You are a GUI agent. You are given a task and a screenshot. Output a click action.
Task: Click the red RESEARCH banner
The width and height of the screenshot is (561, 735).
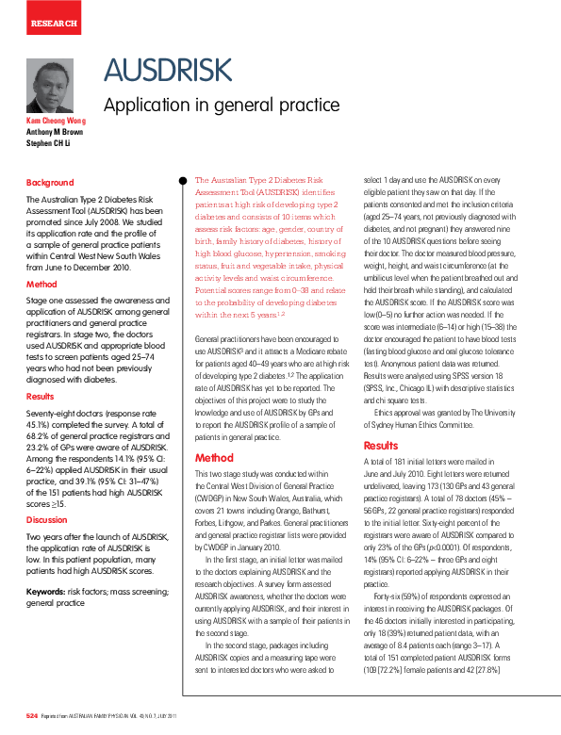coord(53,20)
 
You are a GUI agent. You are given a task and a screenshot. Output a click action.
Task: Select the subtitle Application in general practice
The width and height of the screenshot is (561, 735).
coord(221,105)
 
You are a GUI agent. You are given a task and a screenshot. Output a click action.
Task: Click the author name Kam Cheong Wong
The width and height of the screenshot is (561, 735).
coord(56,121)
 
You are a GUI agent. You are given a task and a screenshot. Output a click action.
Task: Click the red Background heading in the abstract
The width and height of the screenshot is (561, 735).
coord(49,183)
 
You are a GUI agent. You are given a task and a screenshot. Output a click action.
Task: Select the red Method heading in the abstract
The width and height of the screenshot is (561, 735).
coord(41,284)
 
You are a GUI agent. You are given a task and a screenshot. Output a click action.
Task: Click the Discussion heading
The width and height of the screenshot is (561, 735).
coord(46,519)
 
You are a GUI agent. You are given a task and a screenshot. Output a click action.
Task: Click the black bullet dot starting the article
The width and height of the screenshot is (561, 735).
coord(184,179)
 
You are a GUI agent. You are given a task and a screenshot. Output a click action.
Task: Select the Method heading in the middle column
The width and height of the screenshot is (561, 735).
coord(214,457)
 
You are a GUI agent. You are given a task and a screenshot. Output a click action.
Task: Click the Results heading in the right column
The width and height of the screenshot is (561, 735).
coord(381,446)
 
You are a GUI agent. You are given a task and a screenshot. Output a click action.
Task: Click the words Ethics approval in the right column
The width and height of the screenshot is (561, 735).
coord(400,412)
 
